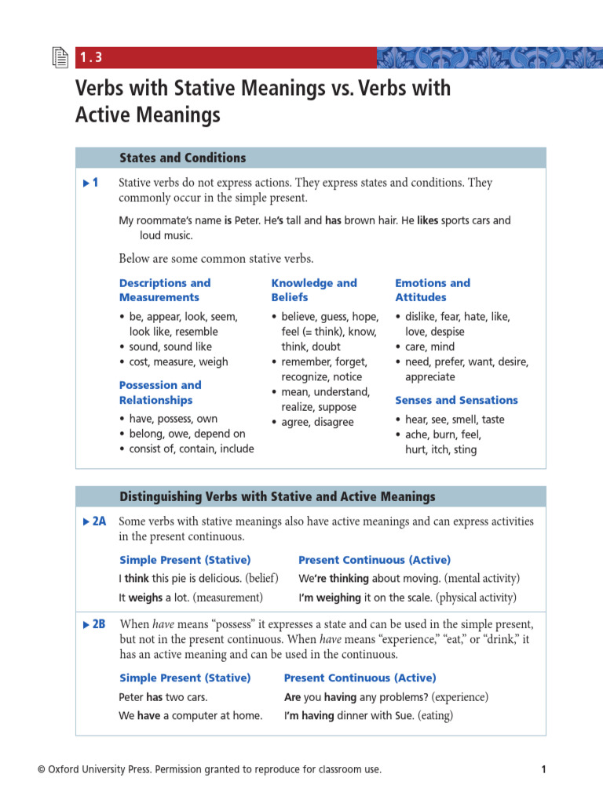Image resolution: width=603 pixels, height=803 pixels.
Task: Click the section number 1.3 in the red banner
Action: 91,57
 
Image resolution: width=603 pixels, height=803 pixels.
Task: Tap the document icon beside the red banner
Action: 60,57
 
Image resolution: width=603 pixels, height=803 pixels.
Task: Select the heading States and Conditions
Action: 182,158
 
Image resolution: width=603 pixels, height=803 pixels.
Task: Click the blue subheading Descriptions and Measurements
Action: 165,290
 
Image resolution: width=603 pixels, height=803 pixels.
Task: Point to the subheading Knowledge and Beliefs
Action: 313,290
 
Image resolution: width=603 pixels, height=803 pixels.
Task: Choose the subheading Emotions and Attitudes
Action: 432,290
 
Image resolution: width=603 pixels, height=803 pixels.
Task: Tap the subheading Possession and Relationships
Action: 160,392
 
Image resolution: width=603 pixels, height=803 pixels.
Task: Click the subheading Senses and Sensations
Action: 456,400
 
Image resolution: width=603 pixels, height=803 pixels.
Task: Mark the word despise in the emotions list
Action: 448,332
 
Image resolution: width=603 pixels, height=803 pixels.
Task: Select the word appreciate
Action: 429,377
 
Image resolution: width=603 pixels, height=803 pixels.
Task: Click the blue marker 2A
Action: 94,521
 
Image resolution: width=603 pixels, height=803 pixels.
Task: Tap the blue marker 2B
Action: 94,625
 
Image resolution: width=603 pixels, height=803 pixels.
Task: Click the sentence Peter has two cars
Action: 163,696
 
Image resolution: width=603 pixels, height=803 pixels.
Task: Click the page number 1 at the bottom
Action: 543,769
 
